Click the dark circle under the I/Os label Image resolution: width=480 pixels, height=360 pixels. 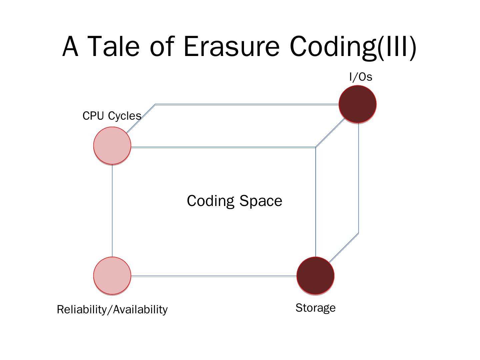pos(357,104)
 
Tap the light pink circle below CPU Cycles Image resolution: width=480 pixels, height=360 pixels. pos(112,145)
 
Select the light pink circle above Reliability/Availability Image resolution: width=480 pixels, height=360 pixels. pos(112,276)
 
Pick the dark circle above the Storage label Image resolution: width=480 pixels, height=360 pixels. pos(315,276)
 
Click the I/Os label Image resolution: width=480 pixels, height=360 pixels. pos(360,77)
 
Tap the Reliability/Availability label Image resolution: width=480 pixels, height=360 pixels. pos(112,310)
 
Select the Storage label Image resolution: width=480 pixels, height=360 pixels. pos(315,308)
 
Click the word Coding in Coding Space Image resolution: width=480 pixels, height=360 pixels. pos(210,201)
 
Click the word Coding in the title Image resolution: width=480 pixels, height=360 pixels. pos(333,47)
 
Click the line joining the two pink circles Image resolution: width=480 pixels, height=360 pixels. pos(112,210)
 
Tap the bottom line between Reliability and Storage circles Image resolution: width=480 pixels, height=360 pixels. pos(213,276)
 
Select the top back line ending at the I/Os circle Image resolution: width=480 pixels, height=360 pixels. pos(247,105)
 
